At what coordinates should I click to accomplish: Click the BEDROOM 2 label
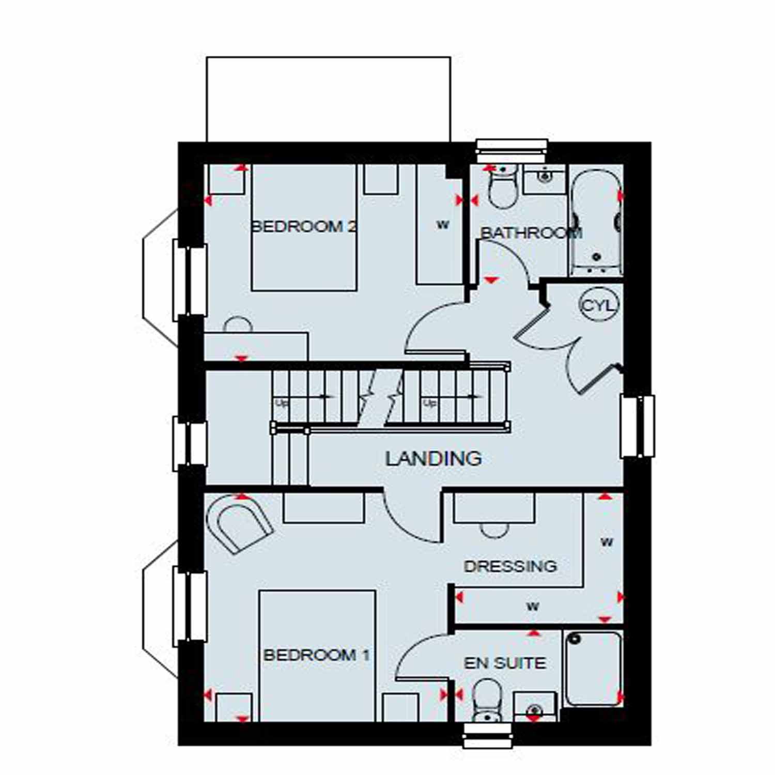coord(304,226)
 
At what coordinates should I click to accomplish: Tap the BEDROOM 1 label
coord(316,655)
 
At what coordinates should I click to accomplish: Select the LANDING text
coord(433,458)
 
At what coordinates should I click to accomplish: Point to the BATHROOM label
coord(531,233)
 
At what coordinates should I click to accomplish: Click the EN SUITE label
coord(504,663)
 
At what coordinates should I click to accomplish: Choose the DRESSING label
coord(510,566)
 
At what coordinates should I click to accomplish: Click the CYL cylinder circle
coord(599,305)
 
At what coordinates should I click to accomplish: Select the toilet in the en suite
coord(487,700)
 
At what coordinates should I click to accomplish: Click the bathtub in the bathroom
coord(595,222)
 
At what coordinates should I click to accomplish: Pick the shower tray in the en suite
coord(593,668)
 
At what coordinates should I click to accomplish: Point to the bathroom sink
coord(545,178)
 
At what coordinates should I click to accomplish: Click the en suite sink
coord(535,708)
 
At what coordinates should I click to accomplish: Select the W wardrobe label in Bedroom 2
coord(443,225)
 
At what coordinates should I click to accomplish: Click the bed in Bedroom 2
coord(304,227)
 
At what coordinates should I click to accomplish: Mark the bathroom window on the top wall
coord(512,148)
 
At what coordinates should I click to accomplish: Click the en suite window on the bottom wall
coord(488,735)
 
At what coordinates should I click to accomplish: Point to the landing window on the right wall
coord(638,426)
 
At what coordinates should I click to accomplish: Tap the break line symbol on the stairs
coord(381,398)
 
